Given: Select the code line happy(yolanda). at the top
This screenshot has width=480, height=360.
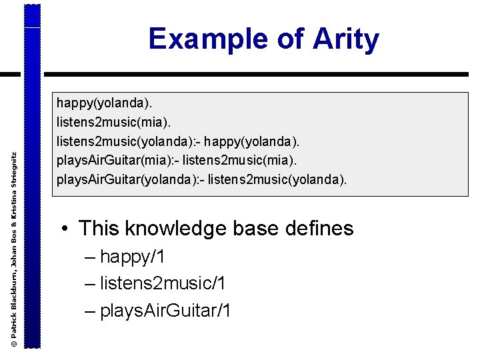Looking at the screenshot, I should [104, 103].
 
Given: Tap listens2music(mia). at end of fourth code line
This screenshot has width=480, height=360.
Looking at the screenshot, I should [239, 161].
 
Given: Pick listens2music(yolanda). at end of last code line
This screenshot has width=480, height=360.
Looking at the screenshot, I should [277, 180].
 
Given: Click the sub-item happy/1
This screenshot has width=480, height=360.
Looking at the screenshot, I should [133, 257].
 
